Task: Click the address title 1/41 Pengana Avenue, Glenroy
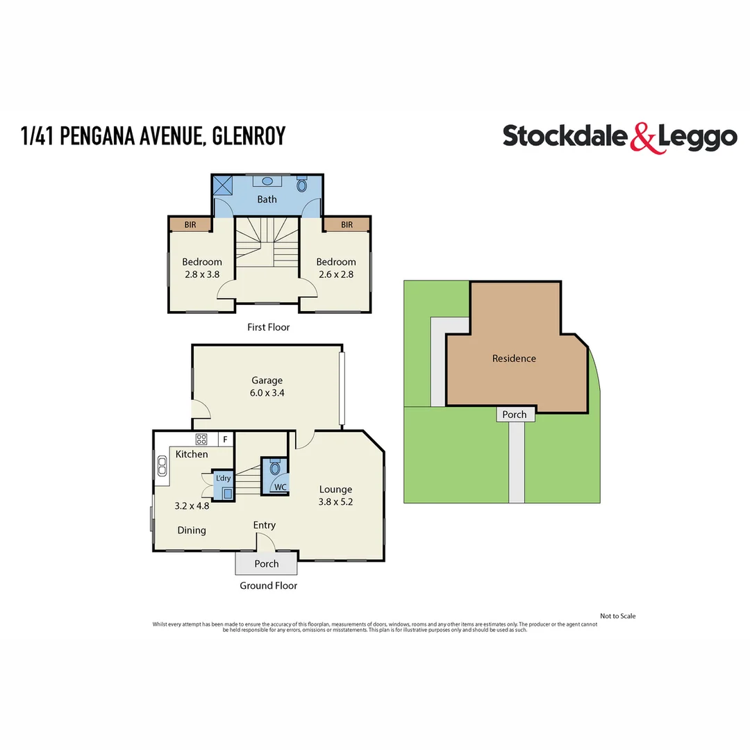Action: coord(153,136)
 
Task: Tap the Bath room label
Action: coord(267,199)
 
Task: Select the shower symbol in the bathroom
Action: coord(224,185)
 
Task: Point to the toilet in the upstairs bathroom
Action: coord(301,185)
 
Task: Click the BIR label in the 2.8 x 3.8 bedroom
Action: coord(190,224)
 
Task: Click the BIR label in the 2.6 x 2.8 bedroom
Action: coord(347,224)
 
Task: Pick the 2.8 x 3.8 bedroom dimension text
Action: coord(202,274)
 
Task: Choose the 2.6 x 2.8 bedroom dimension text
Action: coord(336,274)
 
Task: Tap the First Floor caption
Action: coord(268,327)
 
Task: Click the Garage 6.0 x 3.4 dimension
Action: coord(267,393)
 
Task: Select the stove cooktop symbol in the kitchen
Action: coord(202,439)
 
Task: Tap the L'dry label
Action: coord(223,479)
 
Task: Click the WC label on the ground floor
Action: coord(281,487)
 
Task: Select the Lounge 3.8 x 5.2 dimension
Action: coord(336,502)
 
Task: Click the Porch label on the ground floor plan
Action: coord(267,564)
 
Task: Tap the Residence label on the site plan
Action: coord(514,358)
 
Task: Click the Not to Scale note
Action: coord(617,616)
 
